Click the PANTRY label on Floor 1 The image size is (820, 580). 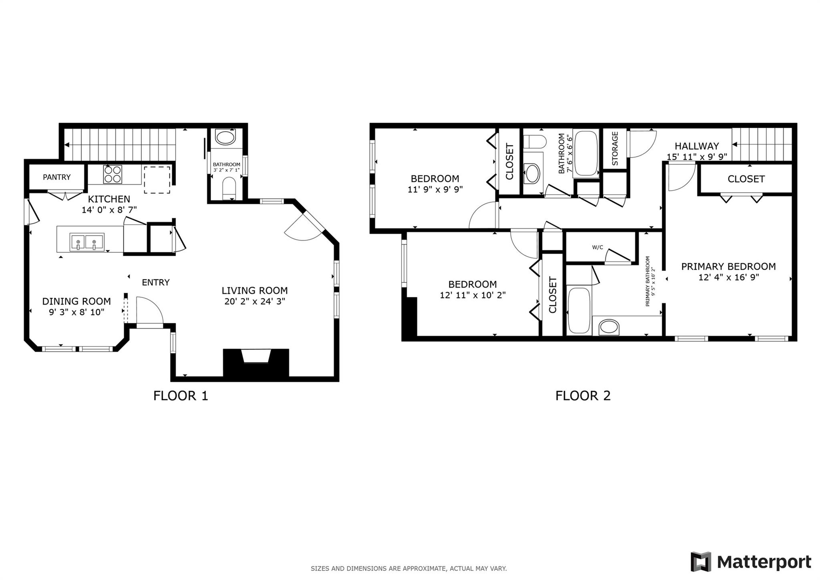coord(56,177)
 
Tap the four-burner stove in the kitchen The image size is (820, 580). coord(113,175)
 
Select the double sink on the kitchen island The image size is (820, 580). coord(87,242)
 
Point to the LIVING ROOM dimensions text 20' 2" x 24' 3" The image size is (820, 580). coord(255,301)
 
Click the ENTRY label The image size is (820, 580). coord(156,282)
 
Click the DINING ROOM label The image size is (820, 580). coord(76,301)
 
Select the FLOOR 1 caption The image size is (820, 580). coord(181,396)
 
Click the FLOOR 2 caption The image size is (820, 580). coord(583,396)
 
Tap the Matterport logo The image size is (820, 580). coord(751,562)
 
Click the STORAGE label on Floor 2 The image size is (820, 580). coord(615,149)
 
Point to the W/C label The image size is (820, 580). coord(597,248)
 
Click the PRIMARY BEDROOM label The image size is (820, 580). coord(728,266)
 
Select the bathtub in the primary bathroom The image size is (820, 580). coord(579,310)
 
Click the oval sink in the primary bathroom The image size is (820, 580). coord(609,327)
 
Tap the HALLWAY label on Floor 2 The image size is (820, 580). coord(697,146)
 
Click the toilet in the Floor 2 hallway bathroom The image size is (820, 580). coord(535,141)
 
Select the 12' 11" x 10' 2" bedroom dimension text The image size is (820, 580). coord(472,295)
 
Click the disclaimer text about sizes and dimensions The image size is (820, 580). coord(409,568)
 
